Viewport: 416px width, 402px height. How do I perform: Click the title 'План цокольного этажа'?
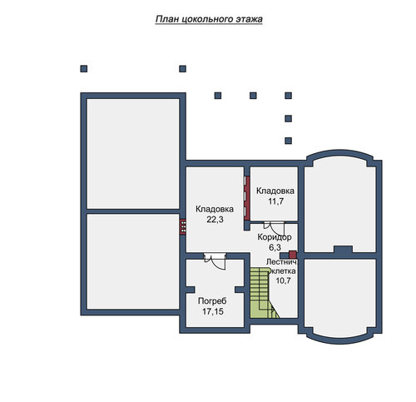(x=209, y=19)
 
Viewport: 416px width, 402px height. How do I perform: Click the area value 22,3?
(x=215, y=220)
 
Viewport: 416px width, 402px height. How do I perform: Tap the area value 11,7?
(x=275, y=201)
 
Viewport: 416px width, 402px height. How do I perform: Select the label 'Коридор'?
(x=275, y=237)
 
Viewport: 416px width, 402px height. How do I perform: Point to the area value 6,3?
(x=275, y=247)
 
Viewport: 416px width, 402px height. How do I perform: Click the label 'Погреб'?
(x=212, y=301)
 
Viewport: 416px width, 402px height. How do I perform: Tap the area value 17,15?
(x=213, y=311)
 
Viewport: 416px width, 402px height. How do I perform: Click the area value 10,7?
(x=283, y=280)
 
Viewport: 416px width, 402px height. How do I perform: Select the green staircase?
(x=263, y=293)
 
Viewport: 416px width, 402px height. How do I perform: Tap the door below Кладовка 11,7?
(x=275, y=227)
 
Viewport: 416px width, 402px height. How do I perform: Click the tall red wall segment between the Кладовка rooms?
(x=247, y=198)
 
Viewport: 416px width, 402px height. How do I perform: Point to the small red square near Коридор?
(x=293, y=255)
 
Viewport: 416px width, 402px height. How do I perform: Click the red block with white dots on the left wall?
(x=183, y=227)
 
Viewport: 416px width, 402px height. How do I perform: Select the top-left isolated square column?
(x=84, y=69)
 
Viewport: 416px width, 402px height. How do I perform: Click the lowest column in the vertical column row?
(x=289, y=141)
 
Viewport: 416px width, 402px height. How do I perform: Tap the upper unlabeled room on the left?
(x=133, y=154)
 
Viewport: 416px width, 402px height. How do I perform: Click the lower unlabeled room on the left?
(x=133, y=261)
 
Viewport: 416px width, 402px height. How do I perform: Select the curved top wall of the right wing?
(x=342, y=153)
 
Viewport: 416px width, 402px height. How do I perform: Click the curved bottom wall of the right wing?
(x=341, y=340)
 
